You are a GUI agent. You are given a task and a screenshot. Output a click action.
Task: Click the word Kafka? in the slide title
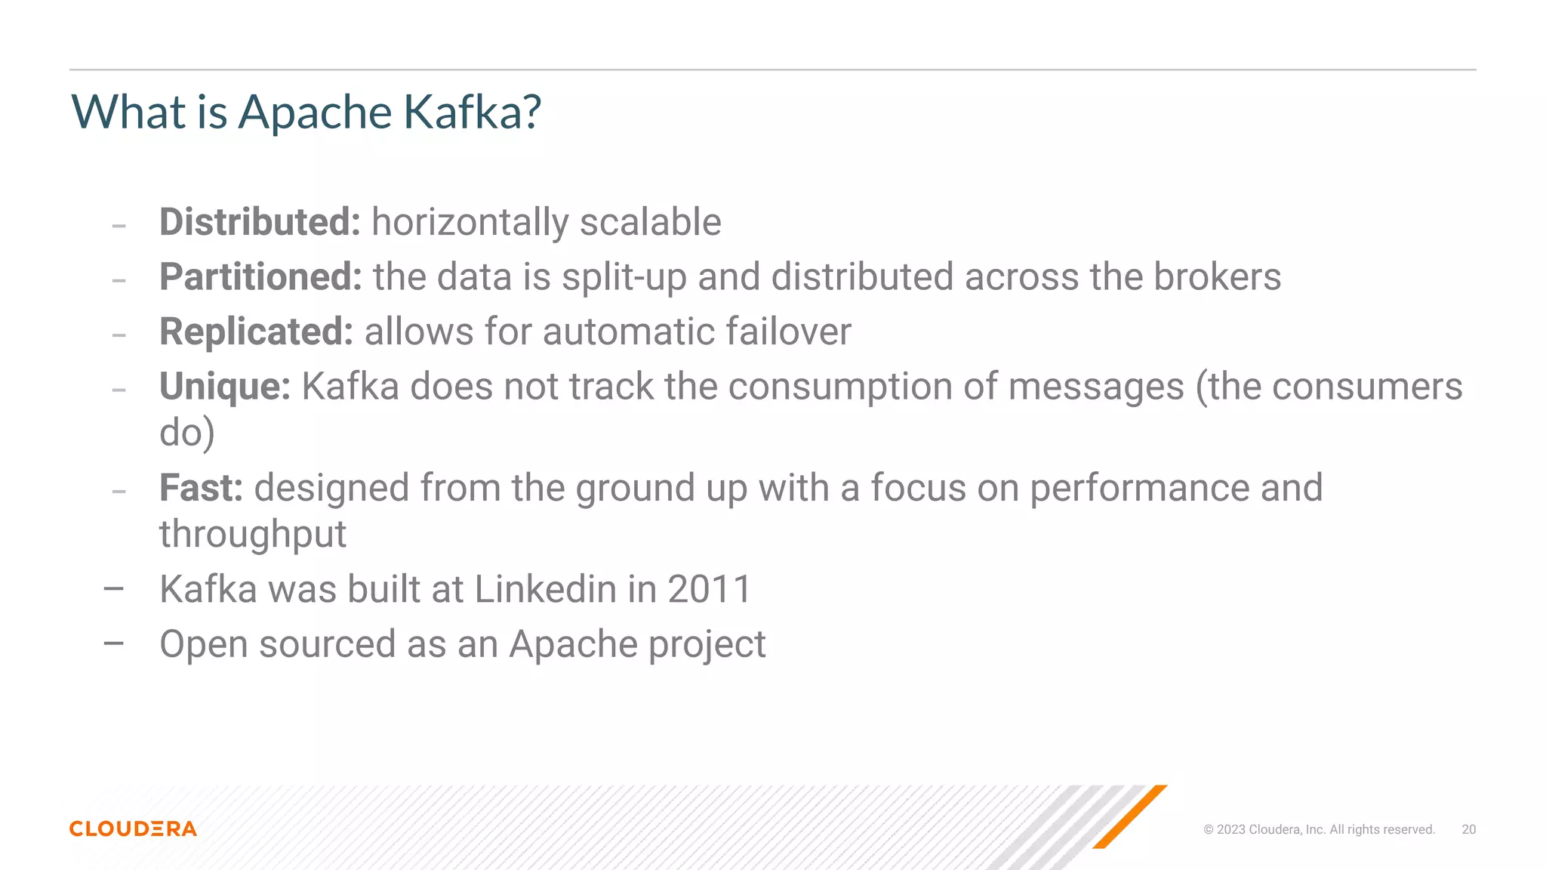click(x=472, y=113)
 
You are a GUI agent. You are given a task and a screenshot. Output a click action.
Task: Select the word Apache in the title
click(x=315, y=113)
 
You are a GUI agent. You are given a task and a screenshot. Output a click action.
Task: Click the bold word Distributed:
click(x=260, y=222)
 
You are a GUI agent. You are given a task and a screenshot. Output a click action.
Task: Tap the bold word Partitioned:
click(x=260, y=276)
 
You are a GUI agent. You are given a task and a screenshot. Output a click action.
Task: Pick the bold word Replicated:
click(x=256, y=332)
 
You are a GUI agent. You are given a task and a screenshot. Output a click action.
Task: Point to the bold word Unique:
click(x=225, y=387)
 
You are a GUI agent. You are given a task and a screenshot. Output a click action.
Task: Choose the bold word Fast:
click(x=201, y=488)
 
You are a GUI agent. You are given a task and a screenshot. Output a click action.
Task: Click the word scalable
click(x=650, y=222)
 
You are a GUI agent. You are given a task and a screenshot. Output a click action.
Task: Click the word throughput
click(x=253, y=535)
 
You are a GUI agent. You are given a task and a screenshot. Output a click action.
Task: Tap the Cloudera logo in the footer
click(x=133, y=828)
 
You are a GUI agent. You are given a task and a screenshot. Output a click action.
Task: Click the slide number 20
click(x=1468, y=829)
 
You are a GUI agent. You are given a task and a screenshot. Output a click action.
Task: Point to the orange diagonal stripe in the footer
click(x=1129, y=816)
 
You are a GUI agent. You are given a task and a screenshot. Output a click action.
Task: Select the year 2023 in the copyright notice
click(x=1231, y=829)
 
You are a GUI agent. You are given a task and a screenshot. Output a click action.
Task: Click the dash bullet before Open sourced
click(x=114, y=643)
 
